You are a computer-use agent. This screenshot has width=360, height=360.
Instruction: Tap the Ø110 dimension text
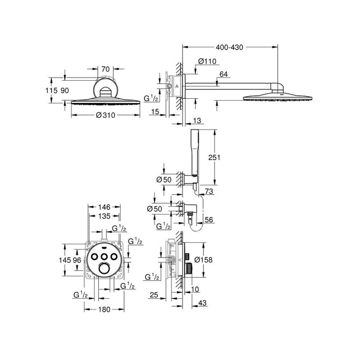(x=208, y=62)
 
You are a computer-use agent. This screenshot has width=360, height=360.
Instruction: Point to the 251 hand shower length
(x=215, y=157)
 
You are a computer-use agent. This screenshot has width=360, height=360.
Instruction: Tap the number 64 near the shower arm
(x=223, y=75)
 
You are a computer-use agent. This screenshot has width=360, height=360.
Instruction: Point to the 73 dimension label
(x=208, y=191)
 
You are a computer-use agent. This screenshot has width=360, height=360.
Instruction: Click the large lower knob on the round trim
(x=104, y=269)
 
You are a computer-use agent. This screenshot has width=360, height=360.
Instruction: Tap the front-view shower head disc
(x=104, y=100)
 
